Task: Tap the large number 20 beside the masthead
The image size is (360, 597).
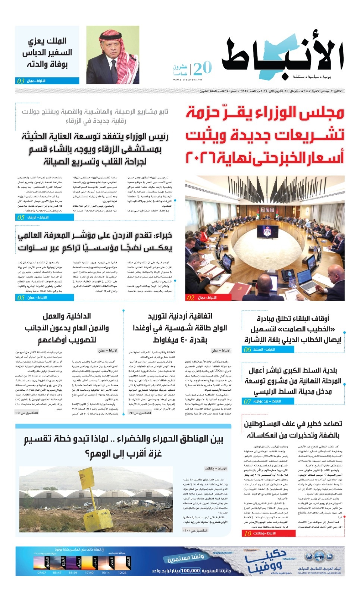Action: pos(202,68)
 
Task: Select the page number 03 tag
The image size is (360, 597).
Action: pos(21,81)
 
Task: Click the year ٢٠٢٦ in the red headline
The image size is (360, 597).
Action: pos(201,158)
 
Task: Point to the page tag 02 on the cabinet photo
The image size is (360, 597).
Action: pos(191,298)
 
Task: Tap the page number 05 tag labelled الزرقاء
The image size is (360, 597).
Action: pos(21,217)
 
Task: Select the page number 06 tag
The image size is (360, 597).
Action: pos(247,350)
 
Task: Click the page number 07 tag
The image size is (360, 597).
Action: pos(247,401)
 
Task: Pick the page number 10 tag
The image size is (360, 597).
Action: pos(248,534)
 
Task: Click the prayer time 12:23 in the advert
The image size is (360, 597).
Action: pos(122,572)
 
